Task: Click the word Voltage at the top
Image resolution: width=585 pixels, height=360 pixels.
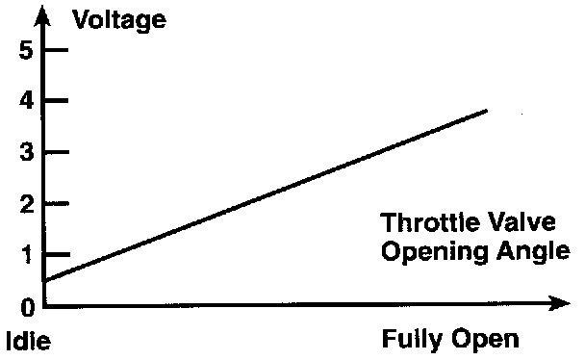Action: (x=119, y=20)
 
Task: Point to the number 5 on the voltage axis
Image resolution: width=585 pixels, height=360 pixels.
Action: (x=26, y=50)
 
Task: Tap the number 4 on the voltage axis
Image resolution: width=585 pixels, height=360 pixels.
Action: (x=27, y=101)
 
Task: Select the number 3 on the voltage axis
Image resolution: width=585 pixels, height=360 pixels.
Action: (x=27, y=152)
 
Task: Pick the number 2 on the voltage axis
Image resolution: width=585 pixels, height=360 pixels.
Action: (x=27, y=204)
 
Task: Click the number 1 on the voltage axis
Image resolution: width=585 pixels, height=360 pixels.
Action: (x=27, y=255)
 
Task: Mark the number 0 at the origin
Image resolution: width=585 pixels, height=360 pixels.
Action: (x=27, y=308)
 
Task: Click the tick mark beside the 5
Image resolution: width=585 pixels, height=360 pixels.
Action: (x=57, y=49)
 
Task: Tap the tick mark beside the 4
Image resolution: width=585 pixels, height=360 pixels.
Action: (x=57, y=100)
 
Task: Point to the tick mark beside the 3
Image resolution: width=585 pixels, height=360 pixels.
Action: (x=57, y=152)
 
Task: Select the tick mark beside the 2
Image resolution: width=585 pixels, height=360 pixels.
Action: (x=57, y=203)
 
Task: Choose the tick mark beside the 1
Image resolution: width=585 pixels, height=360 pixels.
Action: (x=58, y=254)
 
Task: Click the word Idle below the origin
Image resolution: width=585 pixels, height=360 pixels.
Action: (x=28, y=341)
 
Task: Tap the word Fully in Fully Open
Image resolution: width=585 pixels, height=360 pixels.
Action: (x=412, y=340)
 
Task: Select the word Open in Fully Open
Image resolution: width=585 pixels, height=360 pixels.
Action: (x=485, y=340)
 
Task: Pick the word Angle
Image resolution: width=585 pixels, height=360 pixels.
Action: (x=533, y=252)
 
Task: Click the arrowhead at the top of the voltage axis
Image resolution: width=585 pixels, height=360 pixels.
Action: (x=42, y=15)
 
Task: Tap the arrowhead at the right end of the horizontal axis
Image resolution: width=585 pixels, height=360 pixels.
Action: (x=559, y=303)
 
